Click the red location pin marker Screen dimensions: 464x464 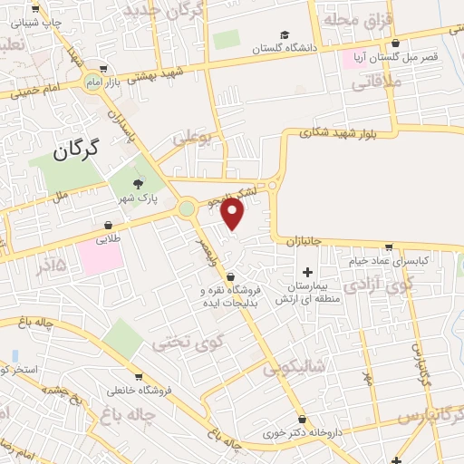(x=233, y=213)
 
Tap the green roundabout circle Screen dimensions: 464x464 (x=187, y=209)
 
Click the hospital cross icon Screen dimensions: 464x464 (x=307, y=272)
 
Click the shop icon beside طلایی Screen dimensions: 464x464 (x=109, y=225)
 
